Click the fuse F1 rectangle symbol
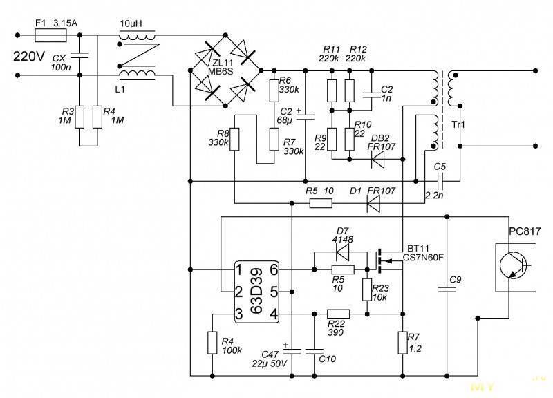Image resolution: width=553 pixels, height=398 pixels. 51,35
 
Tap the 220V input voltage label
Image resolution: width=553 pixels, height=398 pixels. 29,57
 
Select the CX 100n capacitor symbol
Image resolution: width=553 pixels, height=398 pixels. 79,55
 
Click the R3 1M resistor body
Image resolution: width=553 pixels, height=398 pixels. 79,117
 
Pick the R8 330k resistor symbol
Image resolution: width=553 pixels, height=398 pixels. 234,140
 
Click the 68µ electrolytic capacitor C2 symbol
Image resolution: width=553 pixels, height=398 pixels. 305,117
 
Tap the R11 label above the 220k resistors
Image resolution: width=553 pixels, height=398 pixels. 331,49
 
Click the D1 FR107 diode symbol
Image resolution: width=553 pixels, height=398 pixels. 373,203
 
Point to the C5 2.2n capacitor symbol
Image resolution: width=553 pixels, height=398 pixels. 440,181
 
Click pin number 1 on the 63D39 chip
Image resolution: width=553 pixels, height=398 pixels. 238,270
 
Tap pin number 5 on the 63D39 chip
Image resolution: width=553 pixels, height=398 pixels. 274,292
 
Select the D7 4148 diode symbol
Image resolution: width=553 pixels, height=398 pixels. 342,252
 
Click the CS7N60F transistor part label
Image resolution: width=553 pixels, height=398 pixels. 423,258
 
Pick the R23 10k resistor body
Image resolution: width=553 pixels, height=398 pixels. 367,290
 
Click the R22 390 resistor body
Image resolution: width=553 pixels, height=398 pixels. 339,314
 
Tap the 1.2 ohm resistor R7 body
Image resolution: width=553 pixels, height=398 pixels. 403,342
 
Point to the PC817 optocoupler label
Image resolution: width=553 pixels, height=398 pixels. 525,231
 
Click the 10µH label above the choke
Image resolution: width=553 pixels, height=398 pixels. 131,23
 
